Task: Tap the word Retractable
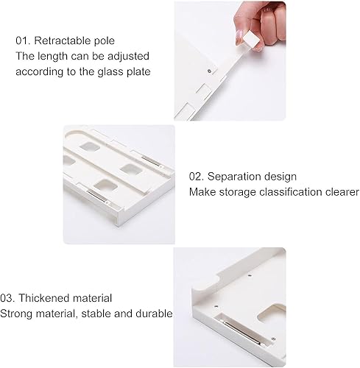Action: [63, 40]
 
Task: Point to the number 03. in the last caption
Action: [10, 298]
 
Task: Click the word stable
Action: [97, 313]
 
